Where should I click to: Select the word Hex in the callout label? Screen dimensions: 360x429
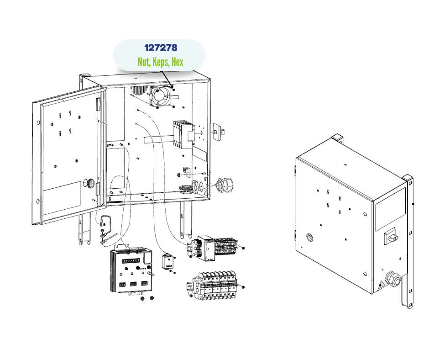click(x=178, y=62)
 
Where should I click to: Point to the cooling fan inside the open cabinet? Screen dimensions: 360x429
click(x=160, y=95)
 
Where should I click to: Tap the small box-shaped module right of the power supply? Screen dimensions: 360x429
click(x=169, y=262)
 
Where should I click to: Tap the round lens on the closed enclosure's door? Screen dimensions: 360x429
click(x=310, y=237)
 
